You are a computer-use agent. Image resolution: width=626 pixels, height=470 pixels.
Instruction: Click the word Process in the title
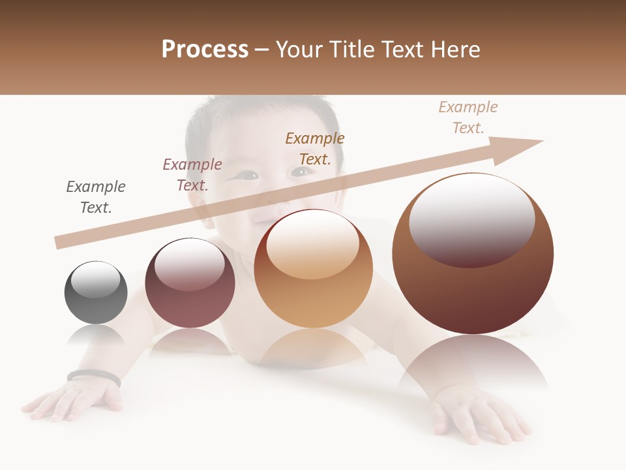click(205, 50)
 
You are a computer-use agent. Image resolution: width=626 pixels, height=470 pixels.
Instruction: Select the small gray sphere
click(96, 292)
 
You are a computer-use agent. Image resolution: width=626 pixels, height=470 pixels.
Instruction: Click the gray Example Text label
click(96, 197)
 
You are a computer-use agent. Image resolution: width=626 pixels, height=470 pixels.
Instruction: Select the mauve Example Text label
click(192, 175)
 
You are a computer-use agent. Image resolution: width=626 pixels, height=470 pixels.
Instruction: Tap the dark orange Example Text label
click(315, 149)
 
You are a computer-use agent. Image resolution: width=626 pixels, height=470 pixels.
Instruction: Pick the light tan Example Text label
click(468, 117)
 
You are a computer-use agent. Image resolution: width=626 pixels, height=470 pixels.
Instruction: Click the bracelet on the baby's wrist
click(93, 377)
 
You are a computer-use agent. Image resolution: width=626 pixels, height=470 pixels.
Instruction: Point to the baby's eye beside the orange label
click(301, 172)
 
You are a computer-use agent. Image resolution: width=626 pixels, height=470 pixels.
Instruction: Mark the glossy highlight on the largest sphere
click(471, 219)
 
